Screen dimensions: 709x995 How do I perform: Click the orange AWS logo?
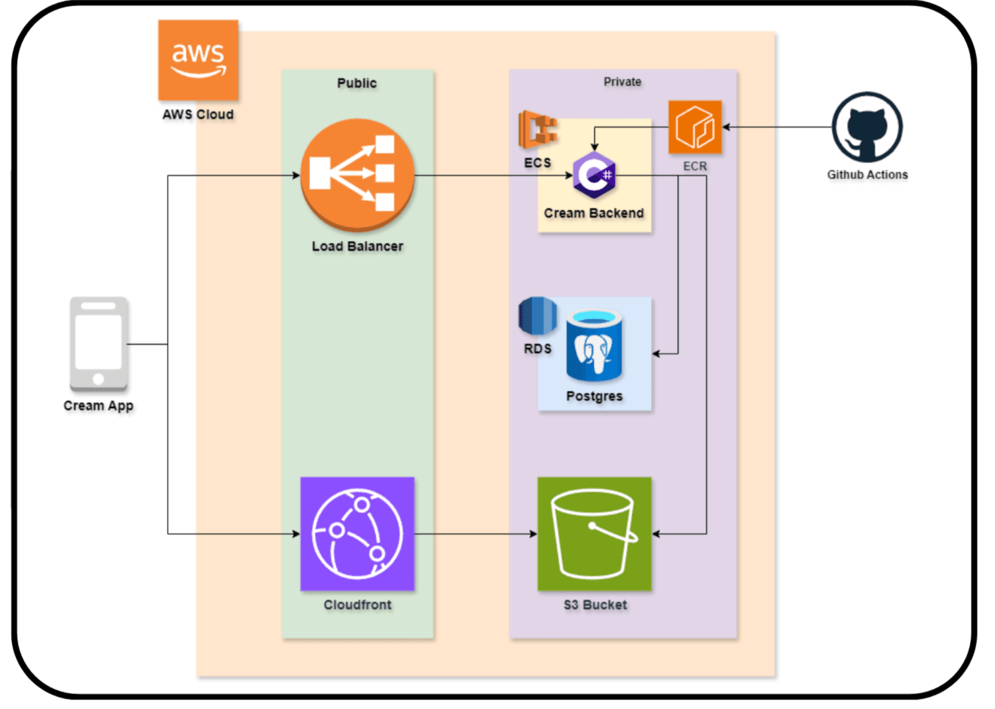(x=198, y=60)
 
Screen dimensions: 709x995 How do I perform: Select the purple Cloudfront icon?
(x=358, y=533)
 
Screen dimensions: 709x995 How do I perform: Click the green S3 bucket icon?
(x=594, y=533)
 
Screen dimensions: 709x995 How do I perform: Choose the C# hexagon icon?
(x=594, y=175)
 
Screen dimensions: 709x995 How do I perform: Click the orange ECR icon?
(x=694, y=127)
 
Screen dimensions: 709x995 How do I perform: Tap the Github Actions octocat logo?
(x=866, y=127)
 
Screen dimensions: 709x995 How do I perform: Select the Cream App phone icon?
(x=99, y=344)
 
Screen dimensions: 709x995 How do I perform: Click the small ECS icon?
(x=537, y=130)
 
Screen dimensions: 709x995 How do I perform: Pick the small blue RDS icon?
(x=537, y=316)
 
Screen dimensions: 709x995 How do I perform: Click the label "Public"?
(x=357, y=83)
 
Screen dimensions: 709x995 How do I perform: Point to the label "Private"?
(x=622, y=82)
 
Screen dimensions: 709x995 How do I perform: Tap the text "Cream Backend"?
(x=594, y=213)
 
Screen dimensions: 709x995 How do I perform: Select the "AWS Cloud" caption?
(x=198, y=114)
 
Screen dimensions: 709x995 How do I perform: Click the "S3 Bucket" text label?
(x=595, y=604)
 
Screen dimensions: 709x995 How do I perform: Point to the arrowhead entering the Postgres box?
(x=656, y=353)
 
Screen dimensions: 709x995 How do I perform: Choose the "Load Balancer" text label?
(x=357, y=246)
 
